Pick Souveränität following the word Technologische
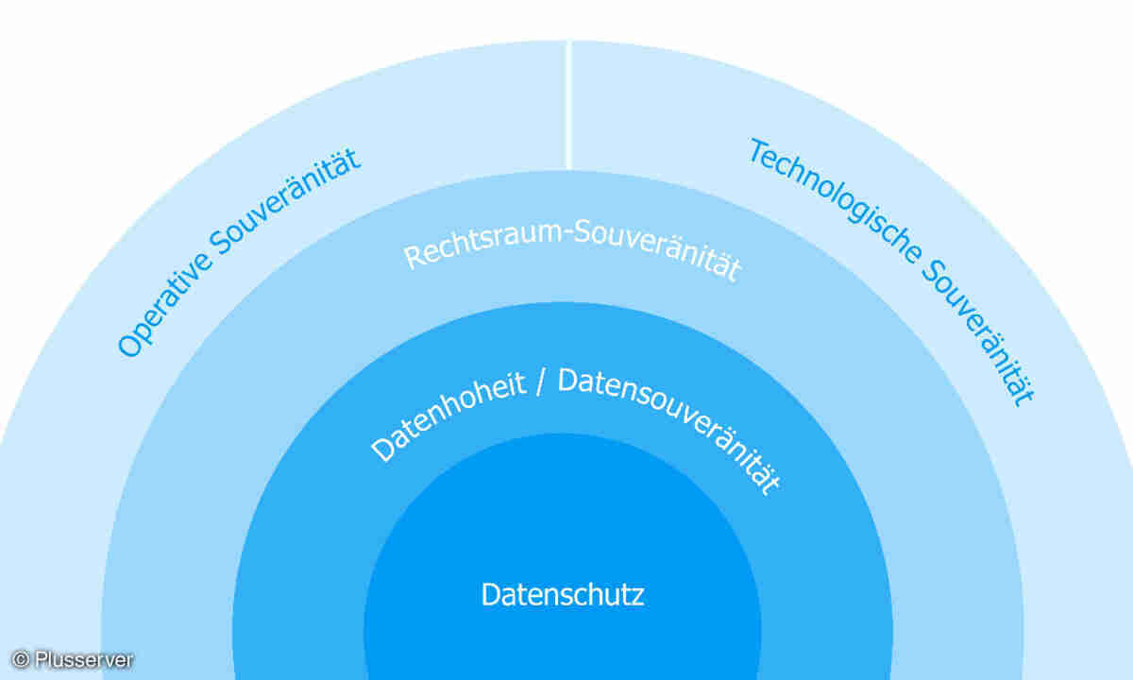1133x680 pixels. (978, 334)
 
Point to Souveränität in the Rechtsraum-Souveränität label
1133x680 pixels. (657, 250)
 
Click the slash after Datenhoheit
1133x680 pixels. (540, 382)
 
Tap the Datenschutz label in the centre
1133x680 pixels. (563, 594)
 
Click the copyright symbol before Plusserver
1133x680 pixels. (20, 659)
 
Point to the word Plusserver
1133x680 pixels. (84, 659)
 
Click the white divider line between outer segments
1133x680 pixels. (568, 105)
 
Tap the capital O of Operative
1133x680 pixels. (130, 346)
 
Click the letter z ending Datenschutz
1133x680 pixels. (637, 598)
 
